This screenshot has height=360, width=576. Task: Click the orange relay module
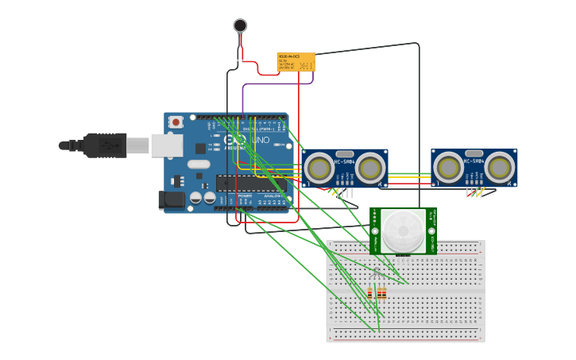point(296,61)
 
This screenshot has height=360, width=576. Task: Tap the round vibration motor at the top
point(240,25)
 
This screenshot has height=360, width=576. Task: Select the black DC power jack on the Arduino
point(172,199)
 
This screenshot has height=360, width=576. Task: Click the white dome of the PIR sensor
point(402,231)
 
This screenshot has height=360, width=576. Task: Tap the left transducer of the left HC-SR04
point(319,168)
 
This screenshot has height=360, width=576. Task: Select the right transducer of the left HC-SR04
point(369,168)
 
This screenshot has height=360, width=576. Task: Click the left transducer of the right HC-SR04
point(449,168)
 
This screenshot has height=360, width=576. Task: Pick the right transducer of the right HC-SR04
point(499,168)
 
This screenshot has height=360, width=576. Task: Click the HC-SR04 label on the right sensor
point(474,161)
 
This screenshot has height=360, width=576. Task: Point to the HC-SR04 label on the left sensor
point(345,162)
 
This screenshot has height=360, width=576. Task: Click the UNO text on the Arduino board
point(261,141)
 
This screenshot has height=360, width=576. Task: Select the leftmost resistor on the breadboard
point(370,293)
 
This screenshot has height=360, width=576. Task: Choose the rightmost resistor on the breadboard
point(385,293)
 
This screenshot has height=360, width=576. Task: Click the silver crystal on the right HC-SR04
point(474,153)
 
